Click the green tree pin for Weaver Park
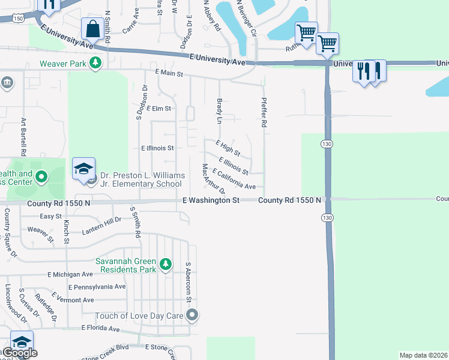[x=95, y=63]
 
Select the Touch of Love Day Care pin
[x=192, y=315]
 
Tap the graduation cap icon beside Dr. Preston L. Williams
[x=84, y=169]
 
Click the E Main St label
[x=168, y=73]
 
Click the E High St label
[x=228, y=147]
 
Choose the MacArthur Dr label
[x=213, y=178]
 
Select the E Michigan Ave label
[x=70, y=274]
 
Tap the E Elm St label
[x=158, y=109]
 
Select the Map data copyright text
[x=424, y=355]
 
